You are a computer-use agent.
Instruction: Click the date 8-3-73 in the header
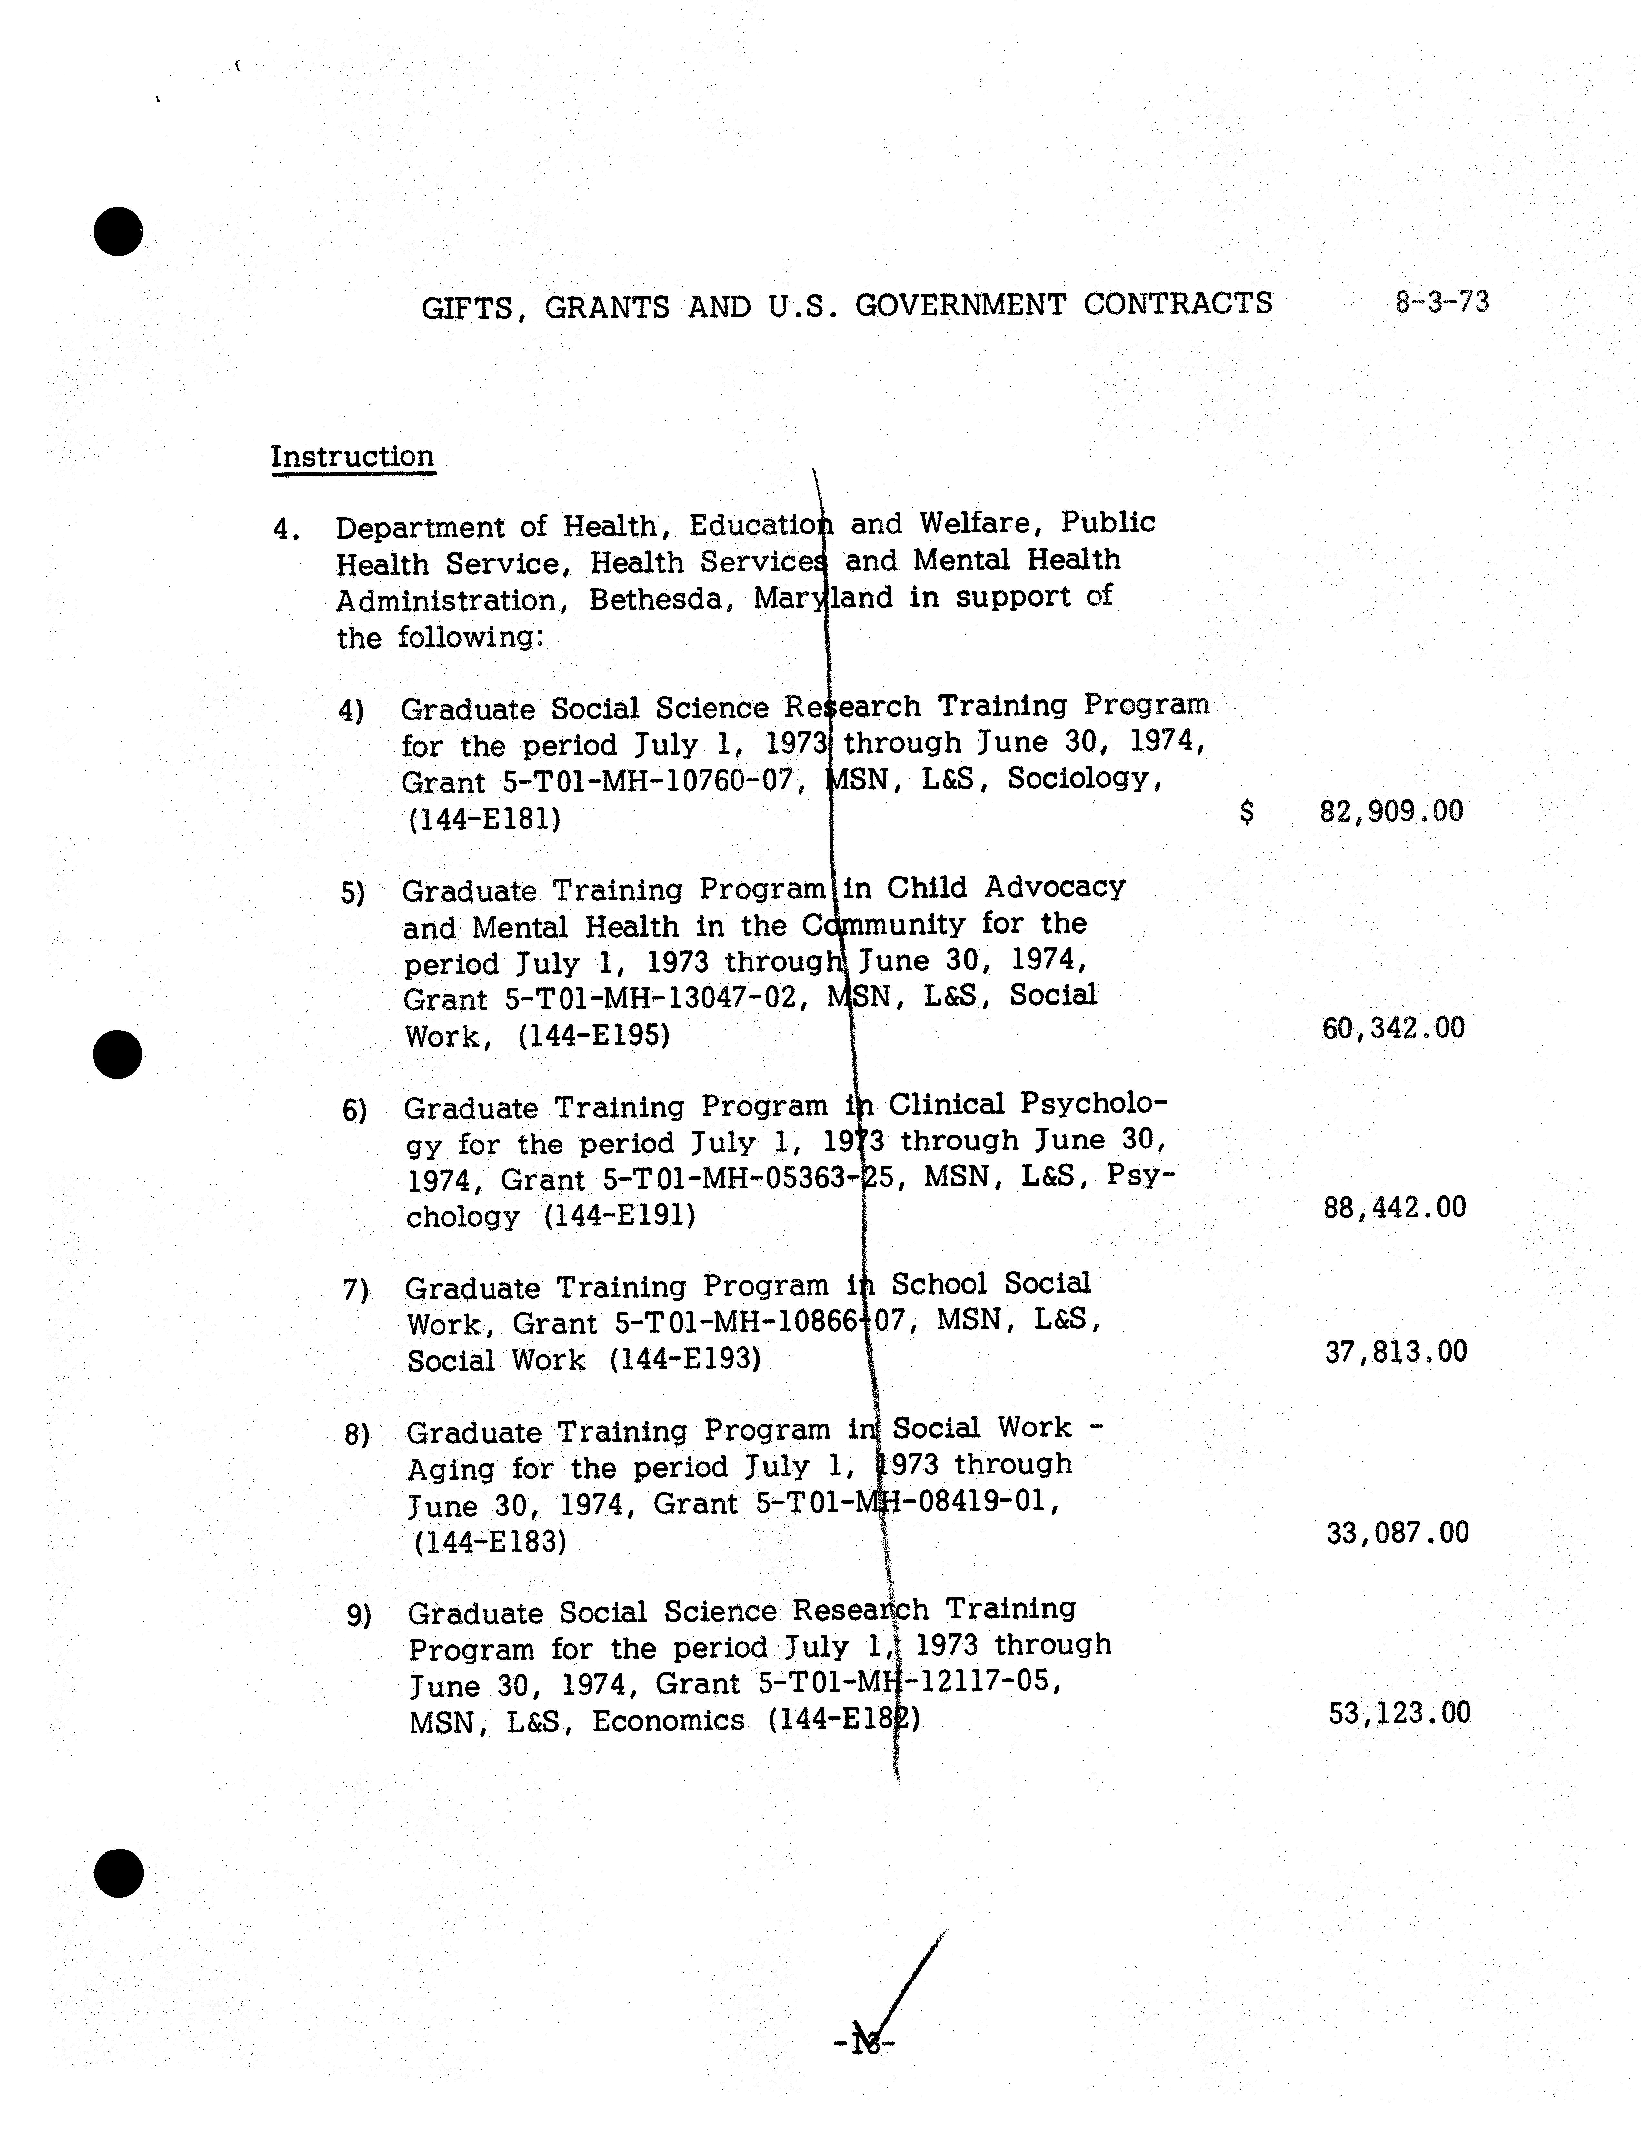tap(1442, 302)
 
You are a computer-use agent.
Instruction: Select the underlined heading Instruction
tap(353, 457)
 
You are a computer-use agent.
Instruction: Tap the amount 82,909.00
tap(1391, 811)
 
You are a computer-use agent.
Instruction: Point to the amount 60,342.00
tap(1393, 1027)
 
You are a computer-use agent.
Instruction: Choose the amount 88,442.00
tap(1395, 1207)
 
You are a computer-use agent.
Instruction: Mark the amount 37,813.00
tap(1396, 1352)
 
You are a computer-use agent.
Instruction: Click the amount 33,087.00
tap(1397, 1533)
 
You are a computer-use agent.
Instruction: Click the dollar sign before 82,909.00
tap(1246, 811)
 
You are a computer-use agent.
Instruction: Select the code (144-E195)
tap(594, 1035)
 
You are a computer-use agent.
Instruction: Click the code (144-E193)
tap(684, 1360)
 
